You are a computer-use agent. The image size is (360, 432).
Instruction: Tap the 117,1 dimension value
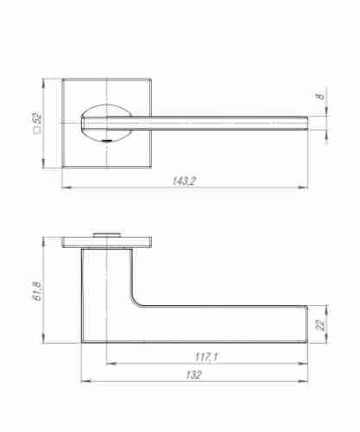pos(205,357)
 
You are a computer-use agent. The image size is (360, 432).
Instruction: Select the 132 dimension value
pos(194,376)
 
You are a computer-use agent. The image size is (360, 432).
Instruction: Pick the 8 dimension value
pos(321,97)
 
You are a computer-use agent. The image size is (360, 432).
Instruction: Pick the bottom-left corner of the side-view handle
pos(82,343)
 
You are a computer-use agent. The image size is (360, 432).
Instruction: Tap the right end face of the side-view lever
pos(307,323)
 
